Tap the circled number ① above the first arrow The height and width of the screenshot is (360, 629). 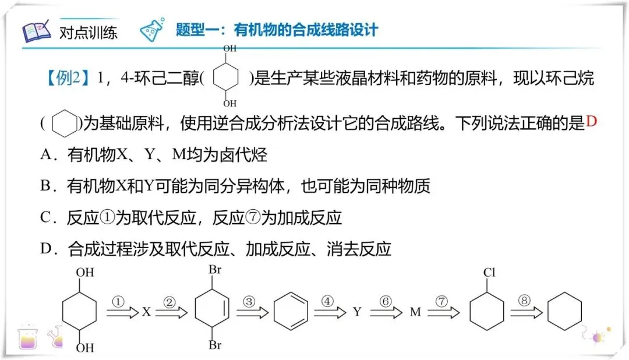118,302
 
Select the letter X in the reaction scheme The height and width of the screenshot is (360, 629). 146,312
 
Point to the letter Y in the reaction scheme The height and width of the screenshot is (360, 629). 357,312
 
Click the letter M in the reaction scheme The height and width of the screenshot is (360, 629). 415,312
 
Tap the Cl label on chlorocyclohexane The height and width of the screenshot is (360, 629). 489,273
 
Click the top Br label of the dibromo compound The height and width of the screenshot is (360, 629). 215,271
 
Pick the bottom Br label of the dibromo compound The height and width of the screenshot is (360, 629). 215,345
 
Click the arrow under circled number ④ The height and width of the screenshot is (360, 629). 330,313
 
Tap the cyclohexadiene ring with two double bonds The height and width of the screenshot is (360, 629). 289,312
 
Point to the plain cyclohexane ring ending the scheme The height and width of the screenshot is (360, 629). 564,312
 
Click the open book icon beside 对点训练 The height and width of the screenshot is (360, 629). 37,31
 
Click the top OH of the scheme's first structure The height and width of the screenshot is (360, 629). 85,272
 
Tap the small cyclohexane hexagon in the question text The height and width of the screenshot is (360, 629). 64,123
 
